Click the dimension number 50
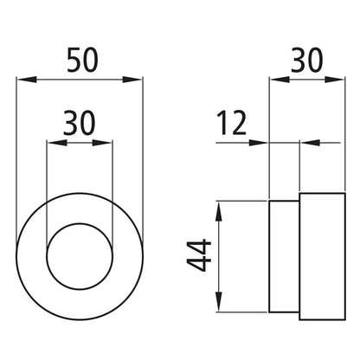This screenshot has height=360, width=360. (82, 61)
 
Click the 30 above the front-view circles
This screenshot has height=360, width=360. (79, 124)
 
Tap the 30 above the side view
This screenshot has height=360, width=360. (306, 61)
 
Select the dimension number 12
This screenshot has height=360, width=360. (232, 124)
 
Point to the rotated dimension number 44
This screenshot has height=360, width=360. (199, 255)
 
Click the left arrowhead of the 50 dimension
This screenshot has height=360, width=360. (27, 80)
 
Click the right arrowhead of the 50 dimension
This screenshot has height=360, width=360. (132, 80)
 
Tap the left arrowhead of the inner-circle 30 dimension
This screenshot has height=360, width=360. (57, 143)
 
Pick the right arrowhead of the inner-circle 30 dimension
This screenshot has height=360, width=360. (102, 143)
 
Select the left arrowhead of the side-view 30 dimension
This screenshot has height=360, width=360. (280, 80)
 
